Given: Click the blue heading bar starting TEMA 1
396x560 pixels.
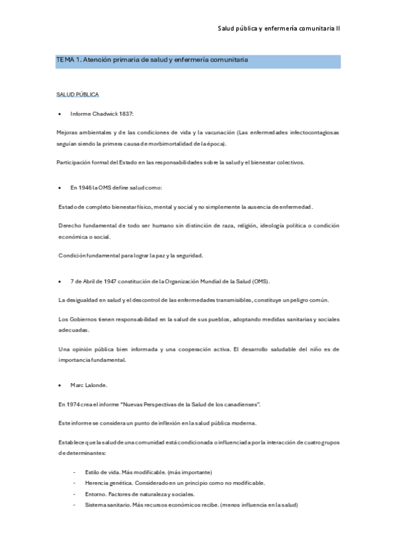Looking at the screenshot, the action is (198, 61).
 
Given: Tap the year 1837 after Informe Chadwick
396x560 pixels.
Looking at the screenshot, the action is (126, 114).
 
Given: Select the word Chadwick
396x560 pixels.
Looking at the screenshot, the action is (104, 114).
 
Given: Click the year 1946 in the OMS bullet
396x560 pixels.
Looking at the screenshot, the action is (85, 188).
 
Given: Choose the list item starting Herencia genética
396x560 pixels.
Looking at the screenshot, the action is (175, 483).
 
